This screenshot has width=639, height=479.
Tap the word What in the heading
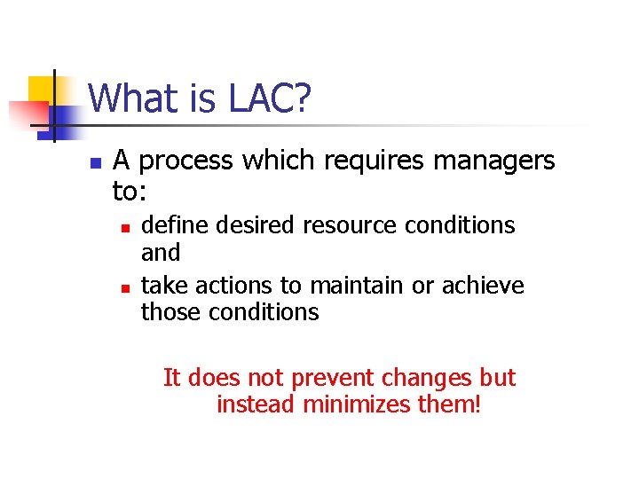128,98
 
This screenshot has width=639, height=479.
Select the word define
170,225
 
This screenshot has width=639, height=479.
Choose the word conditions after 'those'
264,312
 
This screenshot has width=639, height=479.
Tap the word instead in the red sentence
256,405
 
